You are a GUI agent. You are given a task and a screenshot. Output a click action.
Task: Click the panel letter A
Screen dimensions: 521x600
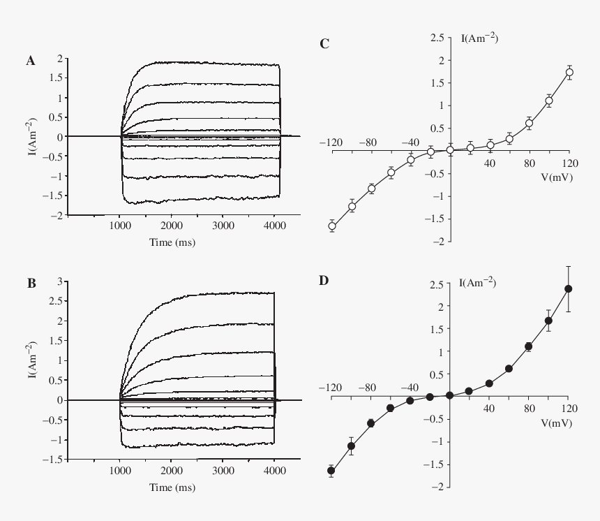(31, 61)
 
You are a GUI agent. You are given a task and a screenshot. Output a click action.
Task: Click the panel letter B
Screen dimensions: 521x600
(31, 284)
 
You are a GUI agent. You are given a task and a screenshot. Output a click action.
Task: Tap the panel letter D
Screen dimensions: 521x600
(324, 281)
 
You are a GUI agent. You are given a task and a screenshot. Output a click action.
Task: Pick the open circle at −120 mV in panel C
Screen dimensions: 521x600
(332, 226)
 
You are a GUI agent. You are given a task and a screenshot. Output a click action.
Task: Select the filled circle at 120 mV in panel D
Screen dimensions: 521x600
(569, 288)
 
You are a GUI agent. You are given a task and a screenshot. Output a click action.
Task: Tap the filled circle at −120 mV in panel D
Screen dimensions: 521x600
(331, 470)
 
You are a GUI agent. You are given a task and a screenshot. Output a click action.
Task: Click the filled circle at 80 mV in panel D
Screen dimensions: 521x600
(529, 346)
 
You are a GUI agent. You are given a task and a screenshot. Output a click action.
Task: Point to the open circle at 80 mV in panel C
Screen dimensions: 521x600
(530, 123)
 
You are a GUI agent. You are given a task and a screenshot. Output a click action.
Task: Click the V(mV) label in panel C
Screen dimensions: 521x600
(556, 178)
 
